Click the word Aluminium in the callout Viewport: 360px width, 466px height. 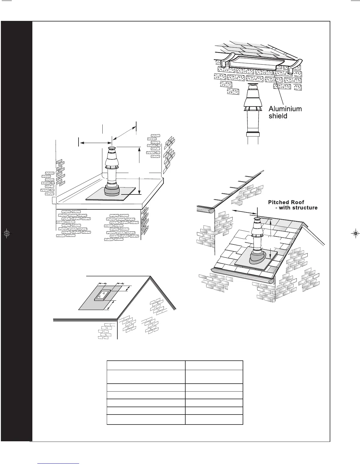click(x=285, y=109)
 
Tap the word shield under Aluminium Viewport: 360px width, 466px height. click(x=278, y=116)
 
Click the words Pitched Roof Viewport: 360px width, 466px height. click(x=286, y=202)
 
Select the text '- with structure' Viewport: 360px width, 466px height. click(x=296, y=208)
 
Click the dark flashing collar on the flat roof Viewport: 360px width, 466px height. click(x=112, y=192)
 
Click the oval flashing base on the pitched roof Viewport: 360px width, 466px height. click(x=259, y=259)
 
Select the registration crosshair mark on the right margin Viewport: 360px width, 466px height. click(x=356, y=234)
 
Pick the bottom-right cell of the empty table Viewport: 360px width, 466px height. click(x=214, y=419)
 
